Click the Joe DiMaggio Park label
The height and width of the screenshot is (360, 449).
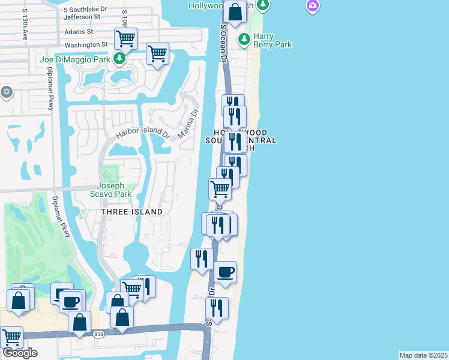75,59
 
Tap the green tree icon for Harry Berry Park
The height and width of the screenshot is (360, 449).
244,40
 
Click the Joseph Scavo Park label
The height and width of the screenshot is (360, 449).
114,190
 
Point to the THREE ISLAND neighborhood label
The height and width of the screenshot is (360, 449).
131,212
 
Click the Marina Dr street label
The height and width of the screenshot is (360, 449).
187,124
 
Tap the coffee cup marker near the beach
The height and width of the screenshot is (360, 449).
226,272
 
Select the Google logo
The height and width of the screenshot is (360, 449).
19,353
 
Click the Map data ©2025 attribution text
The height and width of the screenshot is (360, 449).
423,355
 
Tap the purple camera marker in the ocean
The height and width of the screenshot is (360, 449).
312,6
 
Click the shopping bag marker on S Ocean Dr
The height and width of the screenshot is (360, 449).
235,11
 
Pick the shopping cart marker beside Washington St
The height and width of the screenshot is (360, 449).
125,39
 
